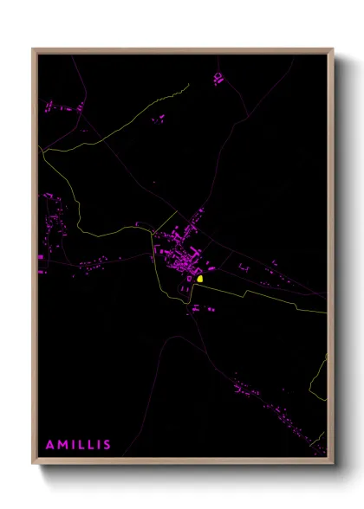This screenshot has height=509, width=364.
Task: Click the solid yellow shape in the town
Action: click(199, 279)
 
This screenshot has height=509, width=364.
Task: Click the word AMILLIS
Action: click(78, 445)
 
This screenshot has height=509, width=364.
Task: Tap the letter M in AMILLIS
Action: click(63, 445)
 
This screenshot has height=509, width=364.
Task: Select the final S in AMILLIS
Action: click(107, 445)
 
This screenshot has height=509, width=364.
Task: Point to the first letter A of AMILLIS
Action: click(50, 445)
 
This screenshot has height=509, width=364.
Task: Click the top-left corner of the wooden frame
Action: click(33, 48)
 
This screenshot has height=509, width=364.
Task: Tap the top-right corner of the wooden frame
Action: click(334, 48)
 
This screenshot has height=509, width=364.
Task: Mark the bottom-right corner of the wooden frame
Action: click(334, 463)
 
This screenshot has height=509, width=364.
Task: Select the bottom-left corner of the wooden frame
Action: click(33, 463)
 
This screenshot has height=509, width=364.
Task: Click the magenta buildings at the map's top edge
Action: click(218, 78)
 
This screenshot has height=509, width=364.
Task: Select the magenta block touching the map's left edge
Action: click(41, 258)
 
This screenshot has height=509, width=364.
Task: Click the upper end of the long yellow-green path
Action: click(187, 85)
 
